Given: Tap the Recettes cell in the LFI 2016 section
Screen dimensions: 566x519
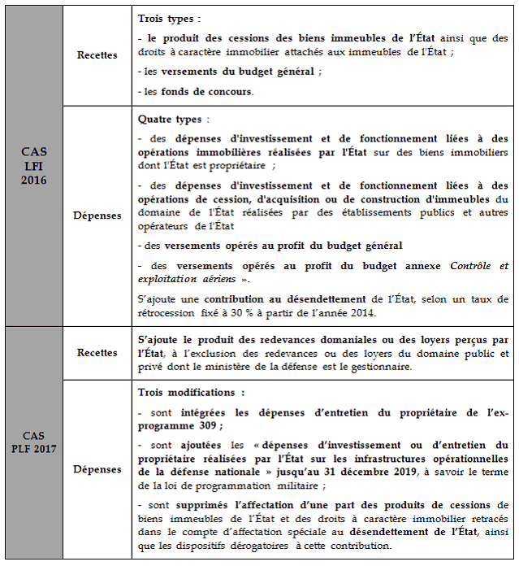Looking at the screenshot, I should (x=97, y=55).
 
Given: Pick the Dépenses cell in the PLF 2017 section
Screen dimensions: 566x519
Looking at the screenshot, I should (x=97, y=469).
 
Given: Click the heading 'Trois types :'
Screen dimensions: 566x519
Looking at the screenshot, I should (x=169, y=17).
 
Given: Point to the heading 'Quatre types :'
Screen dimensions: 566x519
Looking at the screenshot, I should (x=174, y=119).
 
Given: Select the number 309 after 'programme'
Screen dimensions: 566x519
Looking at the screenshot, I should (x=210, y=425).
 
